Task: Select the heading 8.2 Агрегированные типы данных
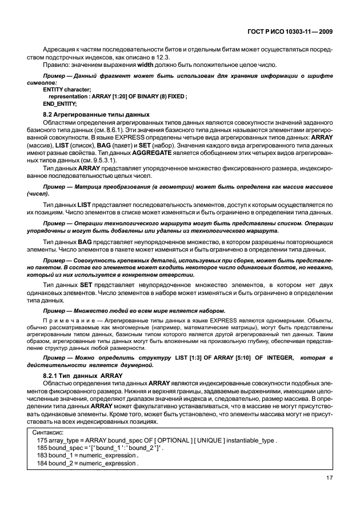[x=89, y=115]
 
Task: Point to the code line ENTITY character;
[x=67, y=90]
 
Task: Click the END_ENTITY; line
[x=59, y=103]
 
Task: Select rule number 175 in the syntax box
[x=42, y=441]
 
